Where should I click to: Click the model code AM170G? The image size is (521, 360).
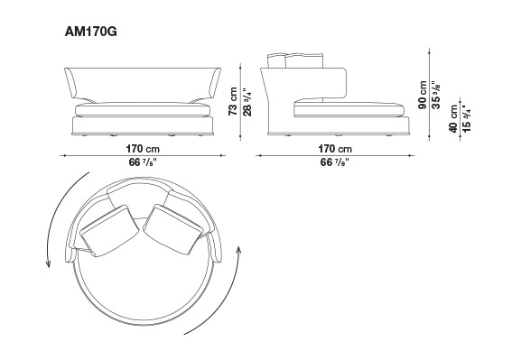tap(90, 32)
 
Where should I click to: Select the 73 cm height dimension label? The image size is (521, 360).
tap(233, 101)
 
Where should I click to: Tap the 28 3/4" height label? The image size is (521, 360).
tap(247, 102)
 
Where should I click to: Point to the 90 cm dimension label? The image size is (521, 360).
tap(423, 95)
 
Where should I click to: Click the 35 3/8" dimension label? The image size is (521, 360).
tap(436, 95)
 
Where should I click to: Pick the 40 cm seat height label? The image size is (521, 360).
tap(453, 119)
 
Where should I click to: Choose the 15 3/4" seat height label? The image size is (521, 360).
tap(467, 119)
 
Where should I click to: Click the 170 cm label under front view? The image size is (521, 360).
tap(143, 149)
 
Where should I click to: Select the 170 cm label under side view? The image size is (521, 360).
tap(335, 149)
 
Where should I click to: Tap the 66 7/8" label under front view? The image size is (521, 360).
tap(143, 162)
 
